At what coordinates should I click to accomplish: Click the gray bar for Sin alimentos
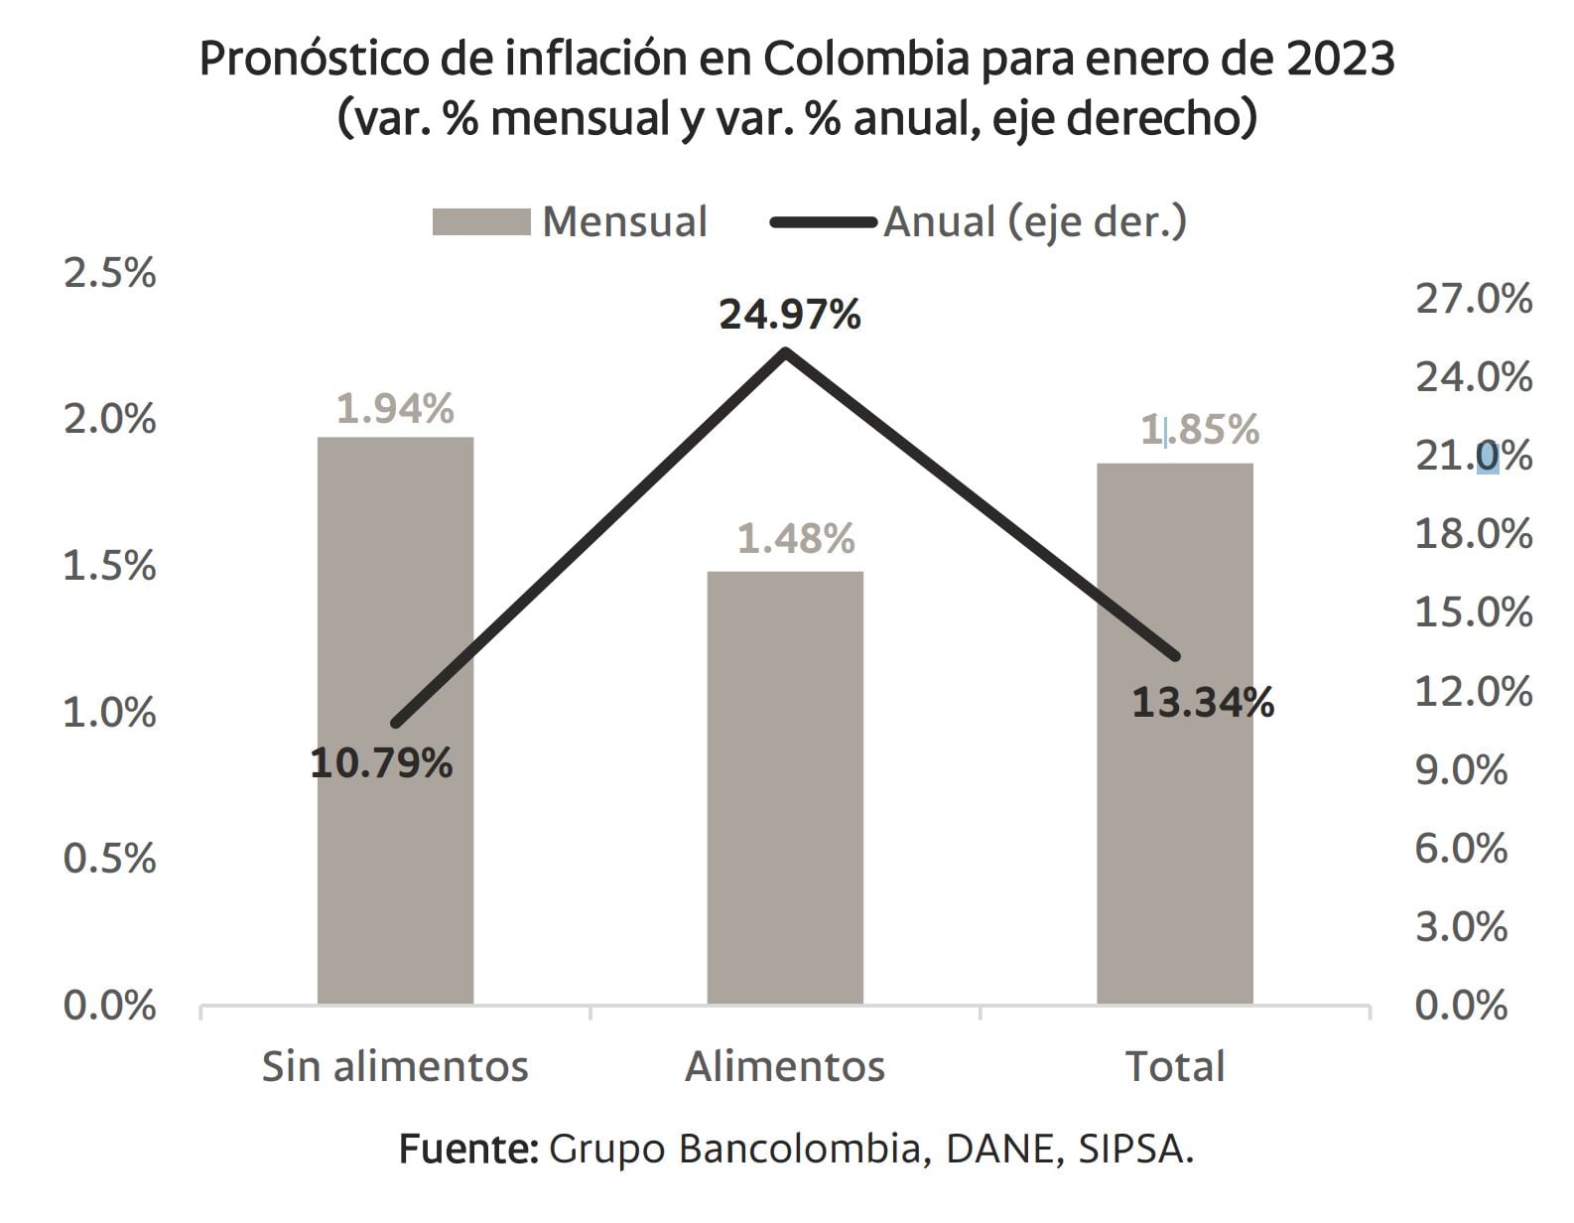395,720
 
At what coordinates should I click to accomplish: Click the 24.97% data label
790,316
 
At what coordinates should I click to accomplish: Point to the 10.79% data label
382,763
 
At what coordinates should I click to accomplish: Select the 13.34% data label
1203,704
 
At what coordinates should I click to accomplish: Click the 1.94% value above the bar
395,408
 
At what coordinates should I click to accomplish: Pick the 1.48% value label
796,538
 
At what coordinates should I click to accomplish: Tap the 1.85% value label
1200,430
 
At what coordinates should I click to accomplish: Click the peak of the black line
785,351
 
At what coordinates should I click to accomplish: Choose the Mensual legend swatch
481,221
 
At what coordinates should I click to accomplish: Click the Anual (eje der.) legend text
1034,221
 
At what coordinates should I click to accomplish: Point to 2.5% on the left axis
109,273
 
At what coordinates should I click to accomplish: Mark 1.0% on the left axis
109,712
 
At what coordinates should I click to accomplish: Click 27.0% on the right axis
1473,299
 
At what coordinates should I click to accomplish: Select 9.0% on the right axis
1461,769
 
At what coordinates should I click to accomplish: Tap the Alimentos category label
785,1066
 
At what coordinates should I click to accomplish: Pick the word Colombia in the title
865,60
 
